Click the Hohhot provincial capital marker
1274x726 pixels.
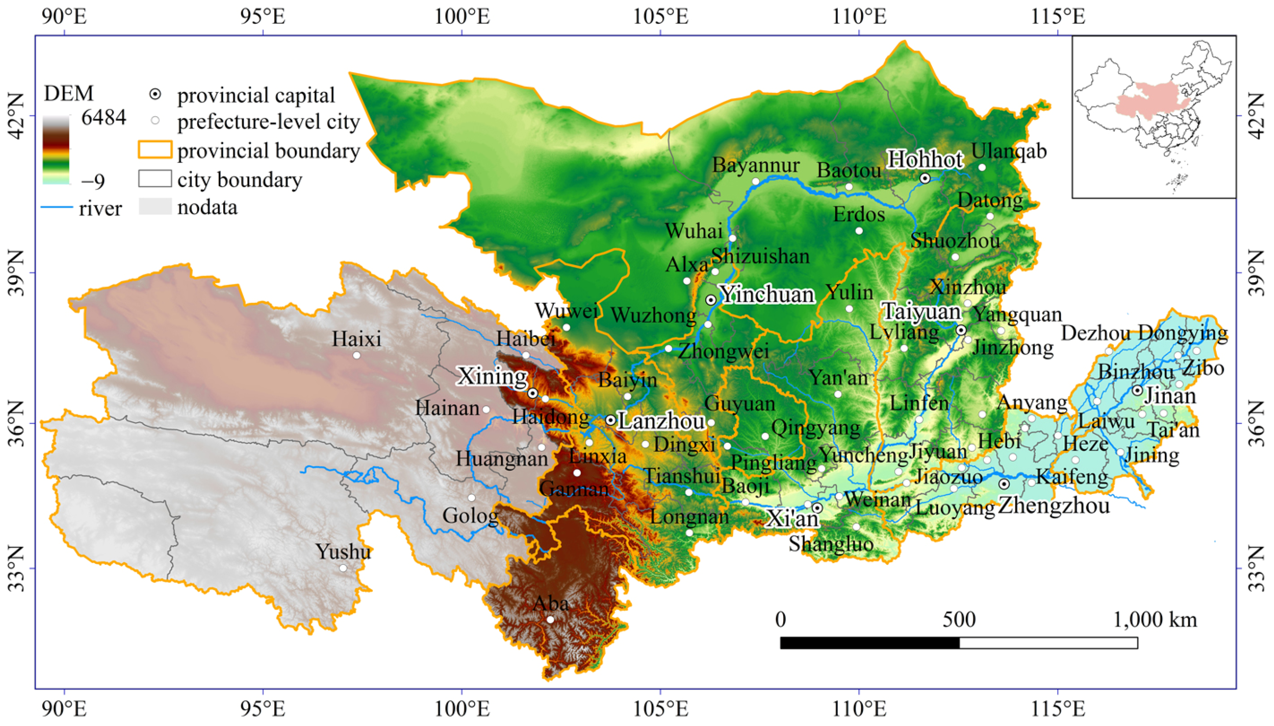(924, 178)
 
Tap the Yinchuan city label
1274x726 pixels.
(768, 294)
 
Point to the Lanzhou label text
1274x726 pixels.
(661, 421)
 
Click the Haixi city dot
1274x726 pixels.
(357, 355)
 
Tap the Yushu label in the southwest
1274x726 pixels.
(343, 552)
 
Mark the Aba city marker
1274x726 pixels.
(550, 619)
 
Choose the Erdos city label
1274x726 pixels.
(859, 214)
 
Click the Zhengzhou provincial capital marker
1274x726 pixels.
(1004, 484)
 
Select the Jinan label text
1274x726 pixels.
(1170, 396)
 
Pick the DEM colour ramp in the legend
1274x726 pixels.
(56, 150)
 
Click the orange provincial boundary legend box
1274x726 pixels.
(155, 150)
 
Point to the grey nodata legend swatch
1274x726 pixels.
(155, 206)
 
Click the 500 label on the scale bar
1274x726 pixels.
(958, 620)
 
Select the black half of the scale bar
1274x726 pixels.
(869, 643)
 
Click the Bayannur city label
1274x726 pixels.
(755, 165)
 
